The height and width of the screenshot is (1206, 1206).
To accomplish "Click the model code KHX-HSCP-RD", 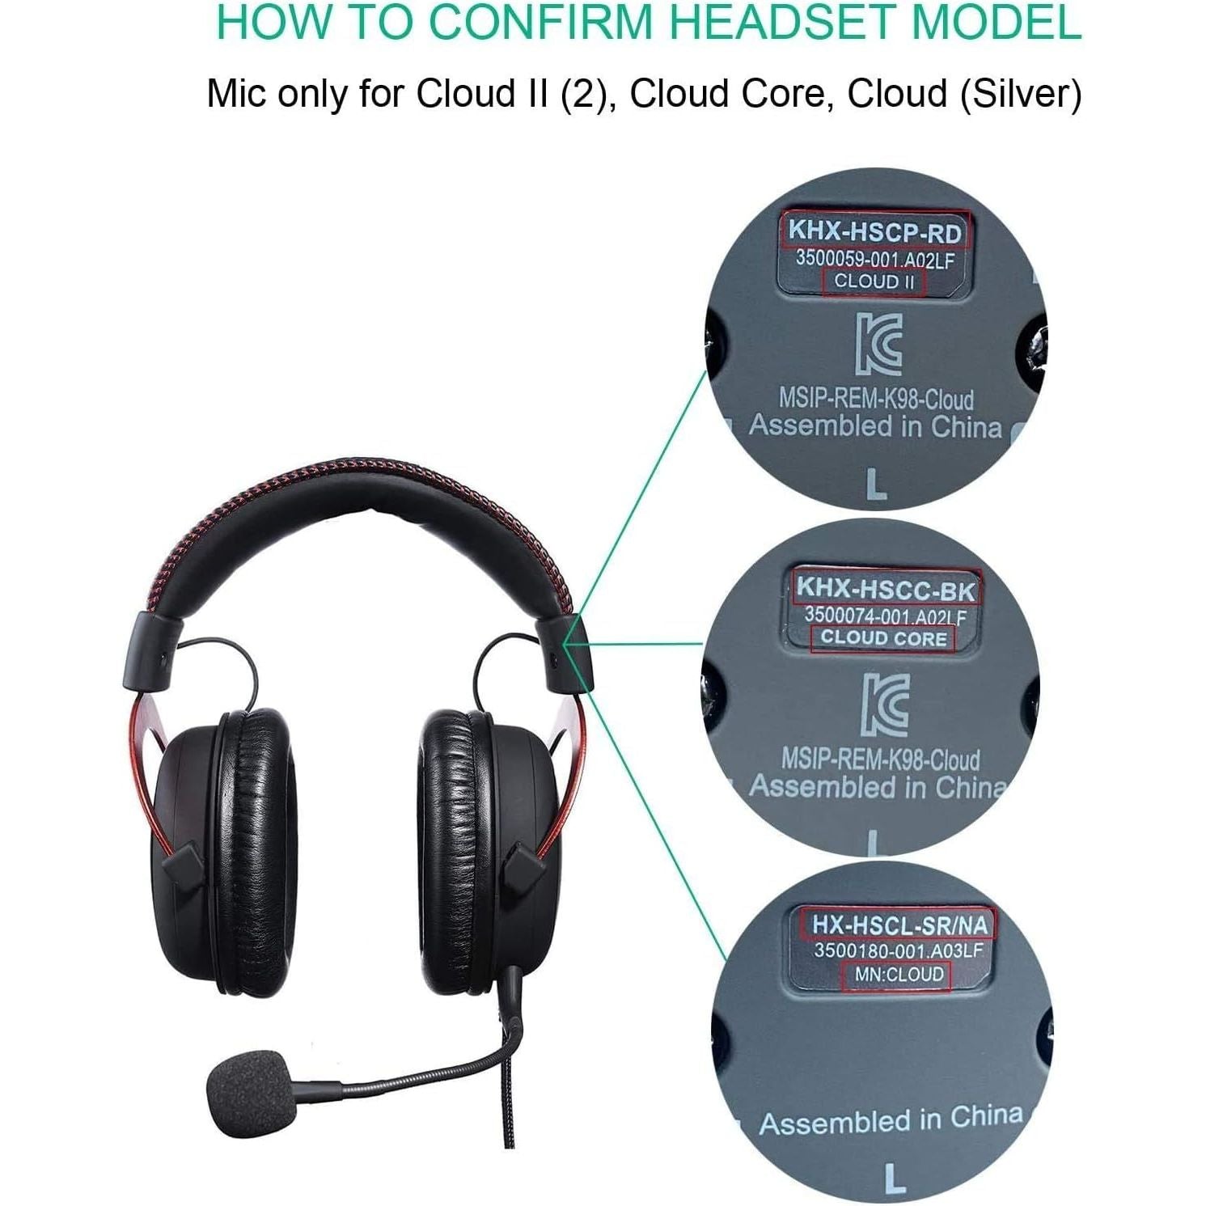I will [x=875, y=232].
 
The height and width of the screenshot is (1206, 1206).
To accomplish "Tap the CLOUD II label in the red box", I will [x=874, y=281].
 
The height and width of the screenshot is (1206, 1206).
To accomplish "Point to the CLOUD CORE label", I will [x=883, y=638].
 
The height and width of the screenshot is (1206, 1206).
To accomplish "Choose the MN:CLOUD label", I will [x=899, y=975].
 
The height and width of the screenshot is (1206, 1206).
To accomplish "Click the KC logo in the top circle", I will [x=878, y=344].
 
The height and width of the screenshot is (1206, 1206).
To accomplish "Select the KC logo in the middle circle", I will [x=884, y=704].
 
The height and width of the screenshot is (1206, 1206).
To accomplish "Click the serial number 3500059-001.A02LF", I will [x=874, y=259].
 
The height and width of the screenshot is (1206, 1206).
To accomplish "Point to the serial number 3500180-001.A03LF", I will [x=898, y=950].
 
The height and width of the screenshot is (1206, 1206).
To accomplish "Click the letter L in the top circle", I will [x=876, y=485].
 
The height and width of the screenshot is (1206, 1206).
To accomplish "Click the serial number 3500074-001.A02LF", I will [x=885, y=616].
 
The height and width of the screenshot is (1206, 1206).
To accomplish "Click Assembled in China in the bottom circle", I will [x=891, y=1121].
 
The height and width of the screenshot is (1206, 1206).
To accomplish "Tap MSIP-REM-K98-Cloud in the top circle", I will [x=875, y=399].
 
